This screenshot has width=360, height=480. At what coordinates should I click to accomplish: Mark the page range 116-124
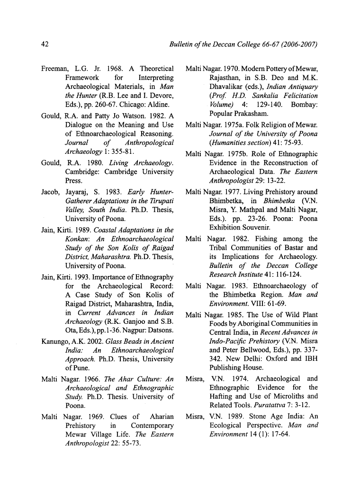[289, 275]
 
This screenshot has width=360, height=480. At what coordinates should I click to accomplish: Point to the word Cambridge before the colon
[82, 172]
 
